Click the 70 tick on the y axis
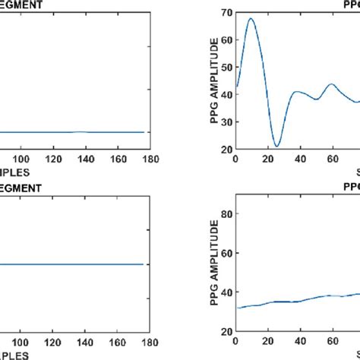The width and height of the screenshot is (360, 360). pyautogui.click(x=226, y=13)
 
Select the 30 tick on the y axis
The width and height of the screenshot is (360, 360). pyautogui.click(x=226, y=122)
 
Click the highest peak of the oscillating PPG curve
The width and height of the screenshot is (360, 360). pyautogui.click(x=251, y=18)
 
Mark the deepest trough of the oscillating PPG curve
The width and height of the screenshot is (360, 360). pyautogui.click(x=277, y=146)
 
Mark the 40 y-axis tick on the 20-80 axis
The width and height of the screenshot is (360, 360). pyautogui.click(x=226, y=292)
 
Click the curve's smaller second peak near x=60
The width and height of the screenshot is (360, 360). pyautogui.click(x=331, y=84)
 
